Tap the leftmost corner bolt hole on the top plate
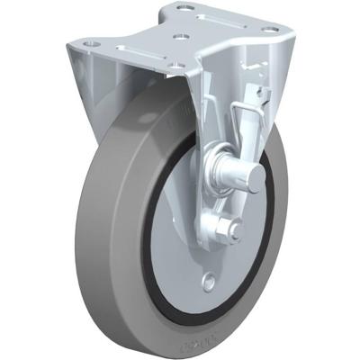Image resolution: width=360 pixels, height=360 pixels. click(89, 43)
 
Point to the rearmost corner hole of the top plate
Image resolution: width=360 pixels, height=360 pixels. click(185, 8)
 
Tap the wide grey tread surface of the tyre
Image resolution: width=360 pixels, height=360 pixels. click(99, 225)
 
